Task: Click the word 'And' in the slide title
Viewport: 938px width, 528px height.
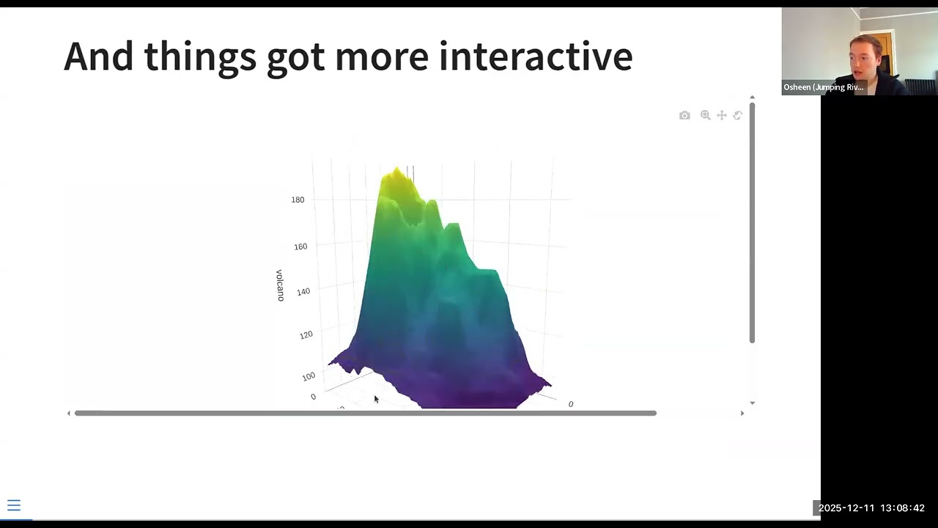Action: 97,56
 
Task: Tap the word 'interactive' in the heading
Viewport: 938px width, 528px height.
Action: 535,56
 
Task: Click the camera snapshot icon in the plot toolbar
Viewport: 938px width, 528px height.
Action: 684,115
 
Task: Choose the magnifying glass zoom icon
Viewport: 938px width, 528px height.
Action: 705,115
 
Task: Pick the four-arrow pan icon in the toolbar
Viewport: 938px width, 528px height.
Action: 722,115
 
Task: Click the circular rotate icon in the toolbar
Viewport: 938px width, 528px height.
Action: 738,115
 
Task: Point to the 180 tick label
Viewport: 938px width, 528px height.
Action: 298,199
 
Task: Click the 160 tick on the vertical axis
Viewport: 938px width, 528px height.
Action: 300,246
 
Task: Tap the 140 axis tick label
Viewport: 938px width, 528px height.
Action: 303,291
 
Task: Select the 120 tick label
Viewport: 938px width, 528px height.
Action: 306,334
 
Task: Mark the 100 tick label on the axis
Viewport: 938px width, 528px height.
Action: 309,376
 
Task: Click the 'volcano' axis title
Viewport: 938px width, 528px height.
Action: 280,285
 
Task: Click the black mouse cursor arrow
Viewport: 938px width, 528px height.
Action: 376,399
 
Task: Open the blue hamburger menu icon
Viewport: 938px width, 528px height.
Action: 14,505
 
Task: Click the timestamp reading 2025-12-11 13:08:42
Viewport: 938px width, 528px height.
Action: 871,508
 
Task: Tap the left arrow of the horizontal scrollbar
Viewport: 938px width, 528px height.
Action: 69,414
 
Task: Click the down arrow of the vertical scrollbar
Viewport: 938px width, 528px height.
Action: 752,403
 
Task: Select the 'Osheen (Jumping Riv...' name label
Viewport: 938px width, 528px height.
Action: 823,87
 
